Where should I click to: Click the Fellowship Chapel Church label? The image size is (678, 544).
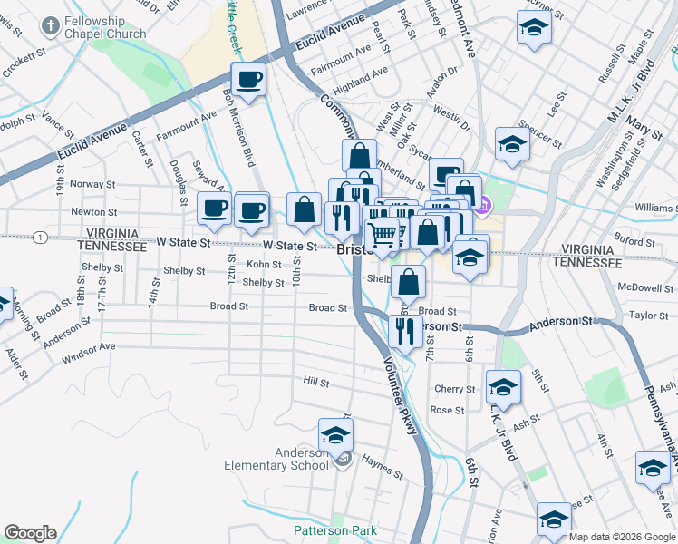pyautogui.click(x=105, y=27)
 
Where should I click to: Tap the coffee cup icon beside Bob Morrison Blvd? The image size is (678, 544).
pyautogui.click(x=248, y=79)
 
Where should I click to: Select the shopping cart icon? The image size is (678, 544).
pyautogui.click(x=383, y=236)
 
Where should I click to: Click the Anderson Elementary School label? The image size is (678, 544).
pyautogui.click(x=276, y=460)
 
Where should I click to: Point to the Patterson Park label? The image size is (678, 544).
pyautogui.click(x=326, y=530)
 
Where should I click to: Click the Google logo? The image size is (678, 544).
pyautogui.click(x=30, y=533)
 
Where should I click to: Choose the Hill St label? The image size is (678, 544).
pyautogui.click(x=316, y=383)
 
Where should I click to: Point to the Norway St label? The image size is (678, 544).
pyautogui.click(x=88, y=184)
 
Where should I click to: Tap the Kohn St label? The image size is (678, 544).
pyautogui.click(x=264, y=264)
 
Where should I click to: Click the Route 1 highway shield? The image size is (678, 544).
pyautogui.click(x=40, y=238)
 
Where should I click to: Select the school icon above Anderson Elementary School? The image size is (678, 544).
pyautogui.click(x=335, y=434)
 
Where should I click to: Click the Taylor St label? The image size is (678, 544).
pyautogui.click(x=648, y=316)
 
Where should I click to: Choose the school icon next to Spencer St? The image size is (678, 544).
pyautogui.click(x=512, y=144)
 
